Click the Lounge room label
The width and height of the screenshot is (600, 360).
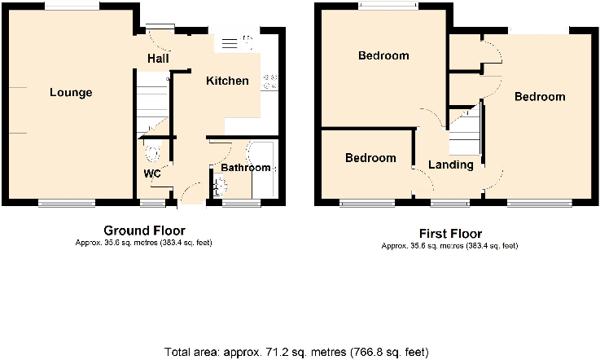coord(71,93)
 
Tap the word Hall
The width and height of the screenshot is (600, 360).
coord(158,59)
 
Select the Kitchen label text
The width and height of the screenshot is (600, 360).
coord(227,81)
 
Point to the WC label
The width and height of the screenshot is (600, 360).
coord(152,173)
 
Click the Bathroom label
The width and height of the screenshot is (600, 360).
coord(246,168)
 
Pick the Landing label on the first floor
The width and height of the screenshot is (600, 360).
coord(451,165)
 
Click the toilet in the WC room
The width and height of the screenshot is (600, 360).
coord(151,152)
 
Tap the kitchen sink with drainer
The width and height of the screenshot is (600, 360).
coord(237,42)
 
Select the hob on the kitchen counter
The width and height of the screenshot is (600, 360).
coord(270,81)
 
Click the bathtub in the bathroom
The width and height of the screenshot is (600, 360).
coord(265,169)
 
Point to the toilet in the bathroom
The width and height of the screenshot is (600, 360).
coord(219,186)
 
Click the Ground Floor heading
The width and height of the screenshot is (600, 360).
coord(144,230)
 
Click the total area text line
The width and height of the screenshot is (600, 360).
coord(296,352)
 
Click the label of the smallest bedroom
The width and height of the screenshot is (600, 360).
coord(370,158)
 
